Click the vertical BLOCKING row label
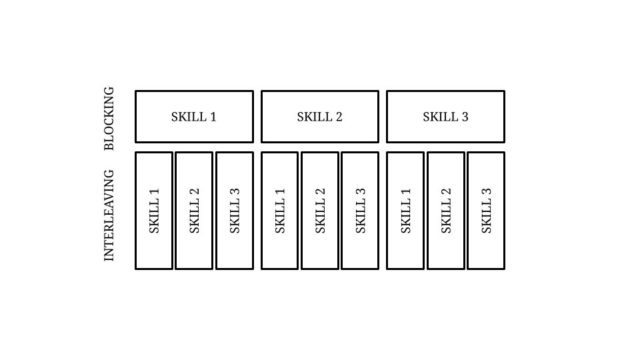pyautogui.click(x=109, y=119)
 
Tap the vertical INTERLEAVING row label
pyautogui.click(x=109, y=215)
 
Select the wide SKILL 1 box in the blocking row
pyautogui.click(x=194, y=117)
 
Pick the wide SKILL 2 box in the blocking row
pyautogui.click(x=320, y=117)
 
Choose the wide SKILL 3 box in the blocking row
pyautogui.click(x=446, y=117)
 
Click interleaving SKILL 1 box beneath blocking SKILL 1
pyautogui.click(x=154, y=211)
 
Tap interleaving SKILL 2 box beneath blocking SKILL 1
pyautogui.click(x=194, y=211)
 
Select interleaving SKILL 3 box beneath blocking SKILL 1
pyautogui.click(x=235, y=211)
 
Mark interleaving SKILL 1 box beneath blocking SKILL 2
pyautogui.click(x=279, y=211)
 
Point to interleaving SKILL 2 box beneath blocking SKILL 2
pyautogui.click(x=320, y=211)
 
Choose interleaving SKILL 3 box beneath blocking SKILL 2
pyautogui.click(x=360, y=211)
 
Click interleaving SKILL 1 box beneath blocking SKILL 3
pyautogui.click(x=405, y=211)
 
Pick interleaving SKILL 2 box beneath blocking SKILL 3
pyautogui.click(x=446, y=211)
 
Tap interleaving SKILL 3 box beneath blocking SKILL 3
pyautogui.click(x=486, y=211)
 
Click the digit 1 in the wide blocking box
pyautogui.click(x=213, y=117)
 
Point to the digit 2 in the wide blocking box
pyautogui.click(x=339, y=117)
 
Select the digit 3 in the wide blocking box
pyautogui.click(x=465, y=117)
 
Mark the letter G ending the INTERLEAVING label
pyautogui.click(x=109, y=174)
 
